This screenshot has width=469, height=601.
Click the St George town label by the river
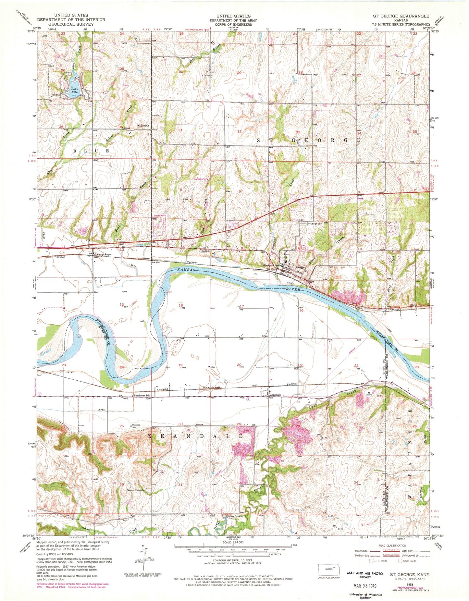(x=297, y=267)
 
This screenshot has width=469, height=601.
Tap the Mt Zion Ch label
(x=142, y=126)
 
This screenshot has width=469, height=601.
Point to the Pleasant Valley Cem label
(x=135, y=490)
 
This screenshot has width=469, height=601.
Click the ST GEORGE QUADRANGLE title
(x=405, y=16)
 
